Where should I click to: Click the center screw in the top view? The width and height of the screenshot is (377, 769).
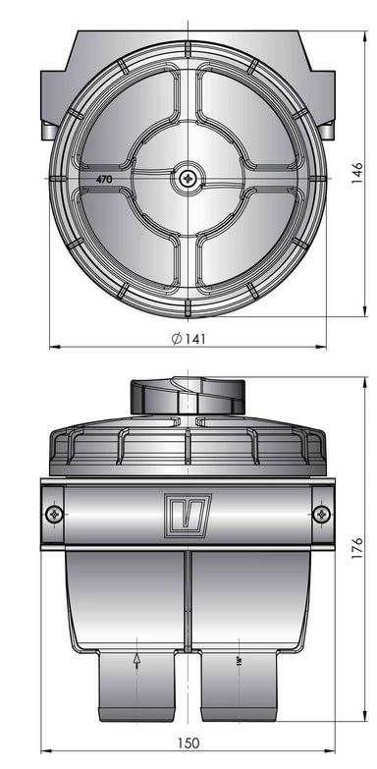click(x=187, y=179)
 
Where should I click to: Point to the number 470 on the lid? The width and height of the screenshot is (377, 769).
click(x=103, y=180)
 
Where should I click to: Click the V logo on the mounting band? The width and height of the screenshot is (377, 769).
click(x=188, y=513)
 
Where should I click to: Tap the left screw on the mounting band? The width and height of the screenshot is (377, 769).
click(x=54, y=514)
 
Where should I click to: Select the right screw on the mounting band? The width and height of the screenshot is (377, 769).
click(x=320, y=514)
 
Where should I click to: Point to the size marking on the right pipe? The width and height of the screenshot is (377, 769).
click(x=238, y=663)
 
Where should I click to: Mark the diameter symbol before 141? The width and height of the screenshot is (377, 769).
click(x=174, y=338)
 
